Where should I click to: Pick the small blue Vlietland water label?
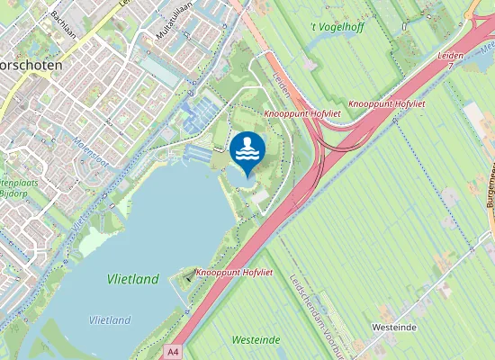(110, 319)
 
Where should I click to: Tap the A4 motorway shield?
(174, 350)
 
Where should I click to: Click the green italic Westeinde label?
(256, 339)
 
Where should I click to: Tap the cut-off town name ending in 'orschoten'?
(31, 66)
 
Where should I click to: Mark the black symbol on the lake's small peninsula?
(187, 278)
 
